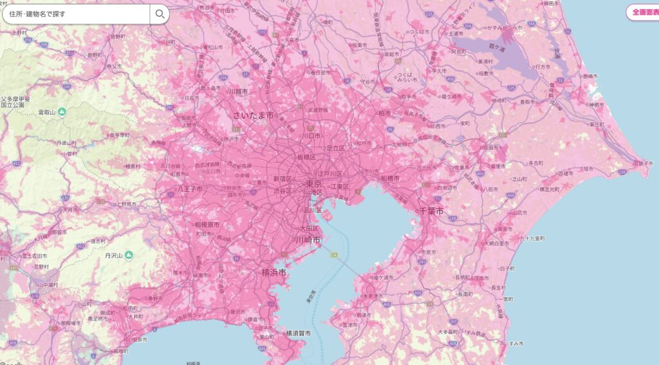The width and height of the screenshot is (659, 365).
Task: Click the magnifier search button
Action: (159, 14)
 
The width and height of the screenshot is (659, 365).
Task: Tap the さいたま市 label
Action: (253, 115)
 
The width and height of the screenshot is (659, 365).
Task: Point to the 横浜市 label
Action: (274, 272)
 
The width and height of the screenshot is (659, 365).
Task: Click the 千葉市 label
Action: (431, 211)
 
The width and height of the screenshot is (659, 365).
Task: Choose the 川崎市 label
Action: (308, 240)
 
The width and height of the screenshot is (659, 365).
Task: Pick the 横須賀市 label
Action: (297, 333)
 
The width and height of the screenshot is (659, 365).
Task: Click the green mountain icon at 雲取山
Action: (62, 112)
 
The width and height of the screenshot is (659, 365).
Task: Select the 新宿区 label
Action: (283, 178)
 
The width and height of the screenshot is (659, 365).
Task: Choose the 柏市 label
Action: (384, 113)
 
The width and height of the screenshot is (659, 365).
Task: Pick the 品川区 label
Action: (312, 210)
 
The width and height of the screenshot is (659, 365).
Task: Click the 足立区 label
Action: (335, 148)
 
